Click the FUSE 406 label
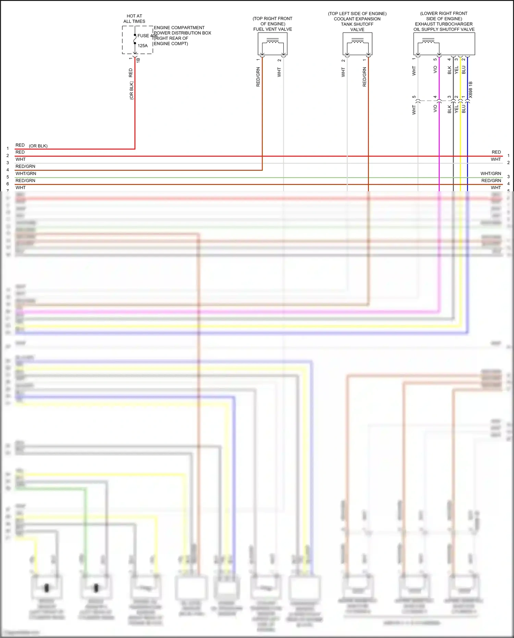coord(147,36)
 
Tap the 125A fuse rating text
coord(143,46)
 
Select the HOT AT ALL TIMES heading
coord(134,19)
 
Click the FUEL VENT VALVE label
coord(272,29)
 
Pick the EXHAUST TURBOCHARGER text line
coord(444,24)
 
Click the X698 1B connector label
coord(470,90)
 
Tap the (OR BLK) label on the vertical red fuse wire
coord(132,91)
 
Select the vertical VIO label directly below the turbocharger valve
coord(435,70)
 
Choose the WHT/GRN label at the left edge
coord(26,173)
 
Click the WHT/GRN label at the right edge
coord(491,173)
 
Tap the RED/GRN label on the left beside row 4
coord(25,166)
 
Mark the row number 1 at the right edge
coord(509,156)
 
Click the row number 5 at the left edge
coord(8,177)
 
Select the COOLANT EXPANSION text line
coord(357,19)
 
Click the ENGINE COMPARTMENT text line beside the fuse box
coord(179,28)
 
